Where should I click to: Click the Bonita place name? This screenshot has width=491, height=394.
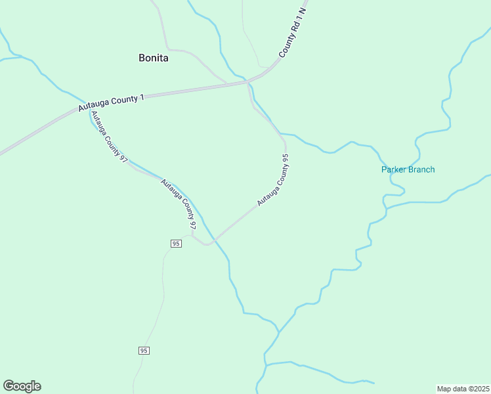point(154,58)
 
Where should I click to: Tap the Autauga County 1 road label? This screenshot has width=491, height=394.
point(111,103)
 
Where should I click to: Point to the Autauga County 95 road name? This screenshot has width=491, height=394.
point(274,181)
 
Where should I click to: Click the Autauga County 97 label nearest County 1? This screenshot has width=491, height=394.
point(109,137)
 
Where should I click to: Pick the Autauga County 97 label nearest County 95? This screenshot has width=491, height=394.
point(179,204)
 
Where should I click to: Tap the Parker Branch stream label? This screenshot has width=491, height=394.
point(408,169)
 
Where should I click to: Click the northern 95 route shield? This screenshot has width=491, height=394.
point(175,244)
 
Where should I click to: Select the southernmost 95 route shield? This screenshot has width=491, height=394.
point(144,351)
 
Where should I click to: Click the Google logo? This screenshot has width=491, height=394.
point(22,386)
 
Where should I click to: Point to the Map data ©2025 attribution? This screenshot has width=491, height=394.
point(463,388)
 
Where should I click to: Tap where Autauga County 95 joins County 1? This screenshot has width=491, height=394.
point(248,83)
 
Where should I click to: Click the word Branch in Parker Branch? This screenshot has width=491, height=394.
point(421,169)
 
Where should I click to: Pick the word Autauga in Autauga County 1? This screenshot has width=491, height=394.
point(93,106)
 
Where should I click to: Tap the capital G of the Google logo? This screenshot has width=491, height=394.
point(9,386)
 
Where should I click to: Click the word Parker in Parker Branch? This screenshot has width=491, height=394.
point(394,169)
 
